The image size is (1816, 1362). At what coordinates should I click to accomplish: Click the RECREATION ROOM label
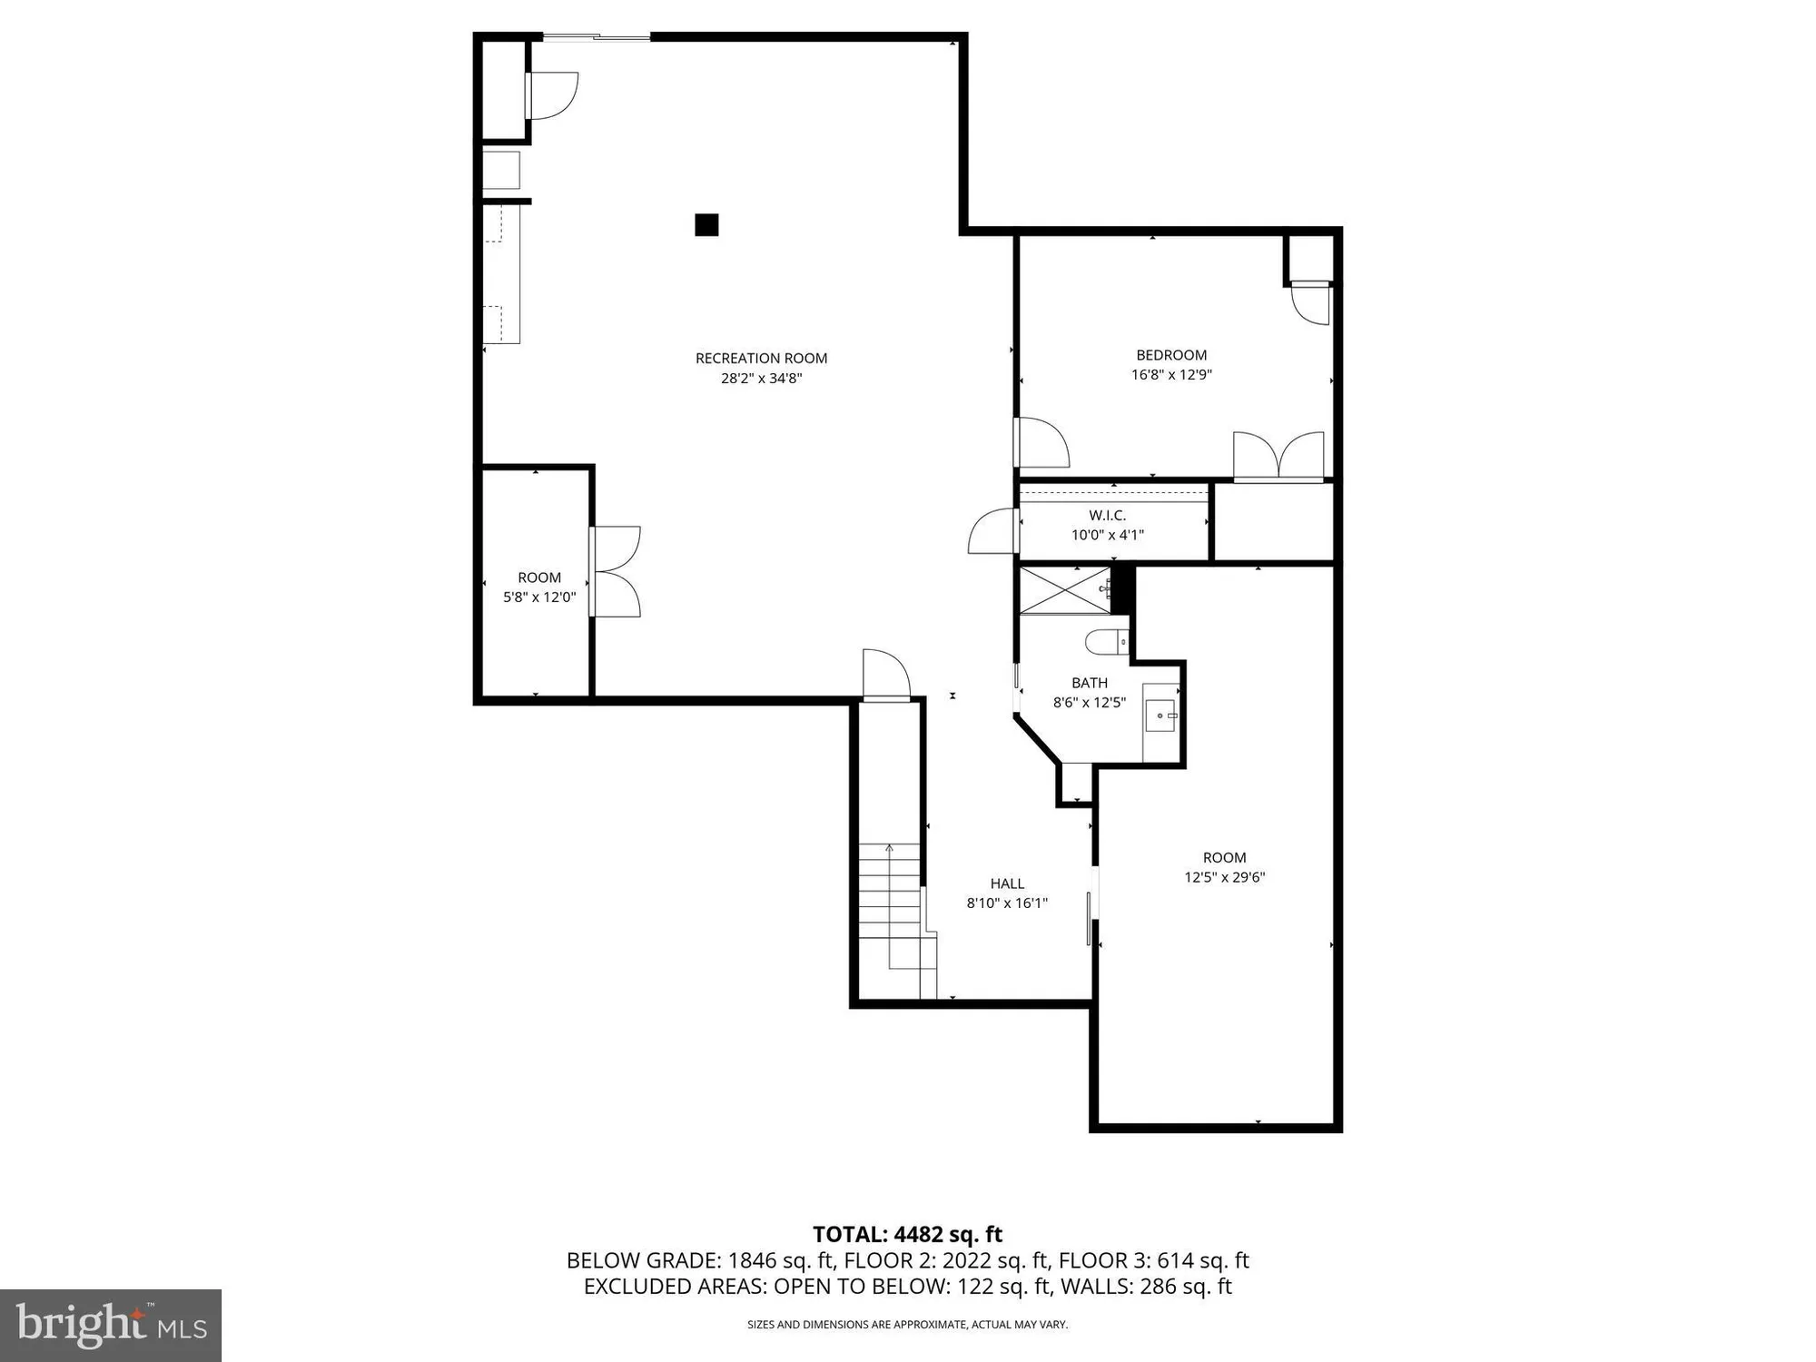click(x=761, y=358)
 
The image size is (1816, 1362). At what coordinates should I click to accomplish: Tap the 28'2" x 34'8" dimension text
click(x=761, y=379)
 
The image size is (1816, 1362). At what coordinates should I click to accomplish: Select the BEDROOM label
click(x=1171, y=355)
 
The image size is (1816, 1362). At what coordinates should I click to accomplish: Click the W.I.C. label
click(x=1107, y=515)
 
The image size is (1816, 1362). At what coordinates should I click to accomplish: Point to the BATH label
click(x=1089, y=683)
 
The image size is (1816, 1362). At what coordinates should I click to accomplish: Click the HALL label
click(x=1007, y=883)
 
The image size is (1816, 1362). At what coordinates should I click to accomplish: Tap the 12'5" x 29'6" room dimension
click(x=1224, y=877)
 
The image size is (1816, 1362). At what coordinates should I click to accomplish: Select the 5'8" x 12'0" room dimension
click(x=539, y=597)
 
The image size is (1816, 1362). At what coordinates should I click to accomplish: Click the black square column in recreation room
click(x=706, y=224)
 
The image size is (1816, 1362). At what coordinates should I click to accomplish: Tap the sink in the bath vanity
click(x=1161, y=716)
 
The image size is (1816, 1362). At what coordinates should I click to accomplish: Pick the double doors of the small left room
click(x=616, y=572)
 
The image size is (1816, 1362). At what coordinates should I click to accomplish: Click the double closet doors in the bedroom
click(x=1278, y=457)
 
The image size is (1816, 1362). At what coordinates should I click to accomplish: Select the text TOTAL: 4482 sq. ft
click(x=907, y=1234)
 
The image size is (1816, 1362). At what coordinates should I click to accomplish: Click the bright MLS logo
click(x=111, y=1325)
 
